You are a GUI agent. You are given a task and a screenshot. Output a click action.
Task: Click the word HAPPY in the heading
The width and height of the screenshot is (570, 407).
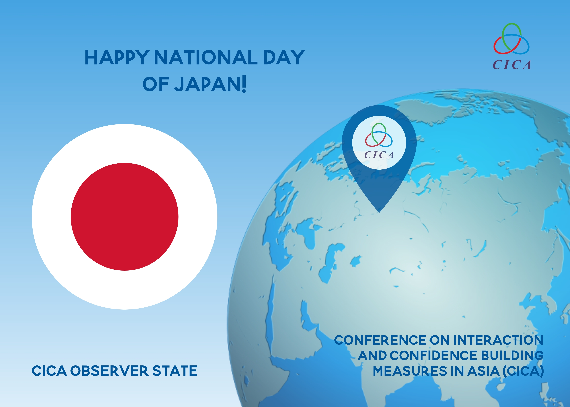[117, 57]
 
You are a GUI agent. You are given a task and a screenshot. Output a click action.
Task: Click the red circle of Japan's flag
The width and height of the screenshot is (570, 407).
[125, 217]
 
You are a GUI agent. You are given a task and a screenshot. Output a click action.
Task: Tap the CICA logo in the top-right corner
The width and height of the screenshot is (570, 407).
[512, 46]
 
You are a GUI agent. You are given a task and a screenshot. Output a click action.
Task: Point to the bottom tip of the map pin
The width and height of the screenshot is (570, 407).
[379, 213]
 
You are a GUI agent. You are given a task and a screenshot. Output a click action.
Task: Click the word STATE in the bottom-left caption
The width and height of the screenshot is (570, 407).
[175, 371]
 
